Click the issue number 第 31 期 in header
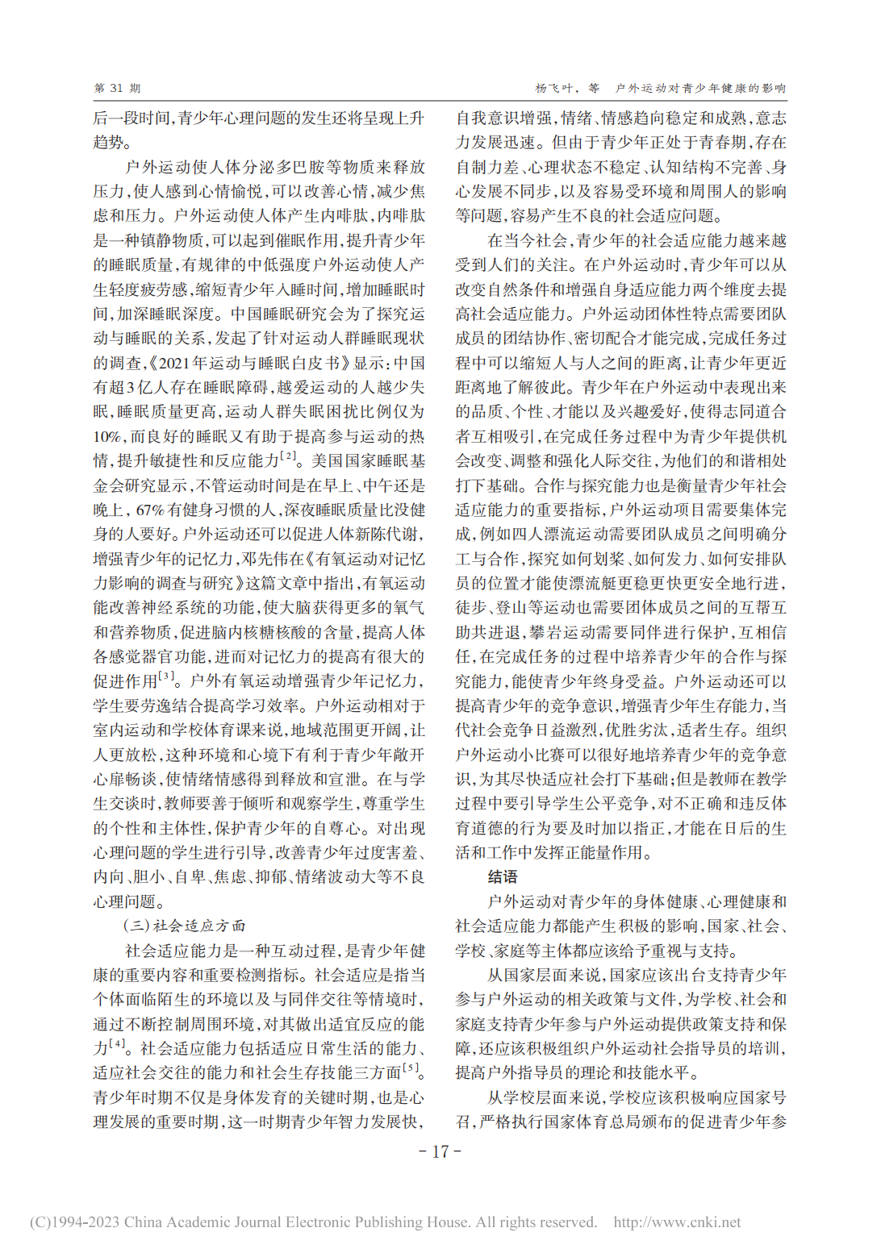[117, 88]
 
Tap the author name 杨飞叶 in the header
[554, 88]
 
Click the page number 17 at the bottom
[440, 1151]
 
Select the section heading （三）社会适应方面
[185, 926]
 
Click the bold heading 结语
[503, 877]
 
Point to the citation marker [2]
[287, 457]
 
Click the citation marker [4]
[118, 1044]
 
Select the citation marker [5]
[411, 1068]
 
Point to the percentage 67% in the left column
[150, 510]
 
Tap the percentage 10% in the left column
[107, 437]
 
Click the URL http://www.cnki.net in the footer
[677, 1222]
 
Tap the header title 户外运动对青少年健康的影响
[700, 88]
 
